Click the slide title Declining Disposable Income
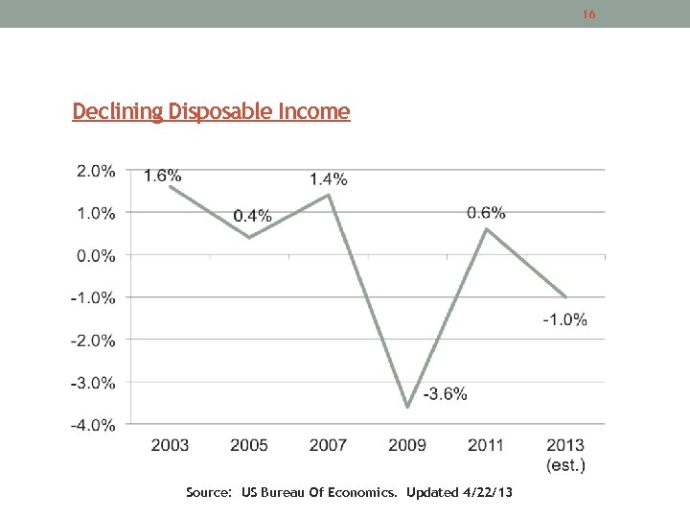(x=211, y=112)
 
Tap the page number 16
(x=589, y=14)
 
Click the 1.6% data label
(x=163, y=175)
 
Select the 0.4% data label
(x=253, y=216)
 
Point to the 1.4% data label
(x=329, y=179)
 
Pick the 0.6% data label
(x=487, y=212)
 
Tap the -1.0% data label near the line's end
(x=565, y=319)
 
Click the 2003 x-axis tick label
(x=171, y=445)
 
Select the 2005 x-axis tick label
(x=249, y=445)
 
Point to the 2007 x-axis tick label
(x=329, y=445)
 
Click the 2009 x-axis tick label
(x=407, y=445)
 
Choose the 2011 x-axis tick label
(x=487, y=445)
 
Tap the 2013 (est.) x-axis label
(x=565, y=455)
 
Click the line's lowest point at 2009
(x=407, y=407)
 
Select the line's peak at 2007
(x=329, y=196)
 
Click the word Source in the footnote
(x=207, y=492)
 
